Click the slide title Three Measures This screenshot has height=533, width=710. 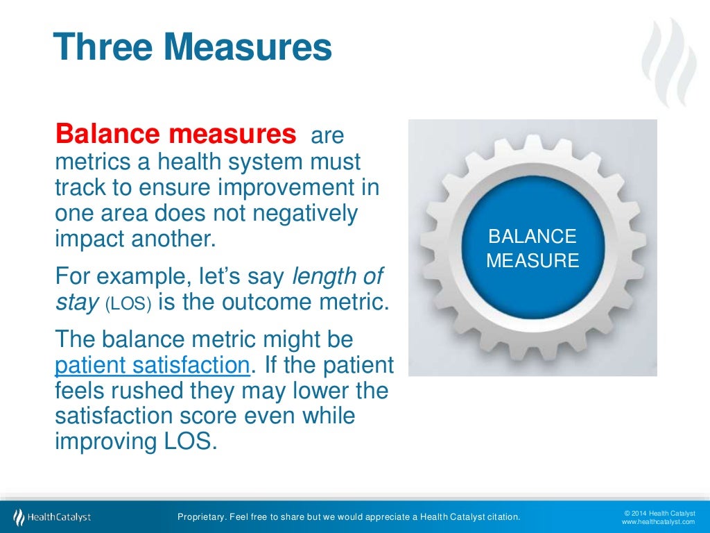[x=192, y=47]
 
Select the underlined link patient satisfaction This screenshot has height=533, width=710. [x=152, y=364]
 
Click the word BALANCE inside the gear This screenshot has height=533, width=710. [x=532, y=237]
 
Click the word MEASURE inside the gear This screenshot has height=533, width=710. [x=532, y=261]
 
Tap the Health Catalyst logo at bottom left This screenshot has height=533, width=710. [x=52, y=517]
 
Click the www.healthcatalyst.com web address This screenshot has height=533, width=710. [x=658, y=522]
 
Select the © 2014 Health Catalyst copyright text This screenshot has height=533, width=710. [x=659, y=512]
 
